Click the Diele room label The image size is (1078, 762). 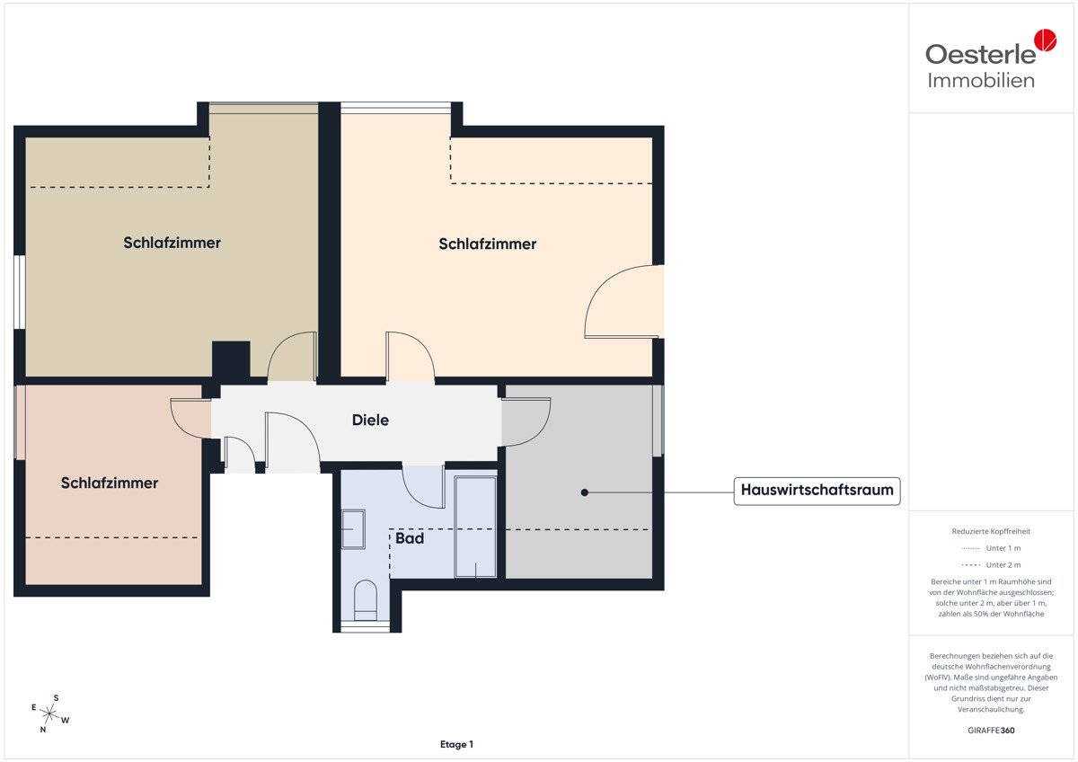click(x=370, y=420)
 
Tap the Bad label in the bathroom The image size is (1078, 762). click(x=410, y=538)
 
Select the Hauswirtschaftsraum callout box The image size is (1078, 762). click(x=817, y=491)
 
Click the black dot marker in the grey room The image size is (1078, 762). click(x=584, y=492)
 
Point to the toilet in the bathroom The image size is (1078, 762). click(x=366, y=600)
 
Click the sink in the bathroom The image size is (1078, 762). click(x=353, y=529)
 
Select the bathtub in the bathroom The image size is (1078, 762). click(x=475, y=527)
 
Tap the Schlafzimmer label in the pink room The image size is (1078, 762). click(x=110, y=483)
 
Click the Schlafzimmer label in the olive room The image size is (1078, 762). click(x=172, y=243)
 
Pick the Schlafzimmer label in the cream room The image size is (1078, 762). click(x=487, y=244)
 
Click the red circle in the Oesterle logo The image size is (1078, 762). click(x=1046, y=40)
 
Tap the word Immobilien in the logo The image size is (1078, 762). click(x=981, y=80)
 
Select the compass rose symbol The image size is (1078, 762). click(x=49, y=713)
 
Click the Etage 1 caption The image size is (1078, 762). click(x=456, y=744)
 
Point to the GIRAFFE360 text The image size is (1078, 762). click(x=991, y=731)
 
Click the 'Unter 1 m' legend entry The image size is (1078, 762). click(x=991, y=548)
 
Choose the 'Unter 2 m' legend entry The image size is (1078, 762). click(x=991, y=564)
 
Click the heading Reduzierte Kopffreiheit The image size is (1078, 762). click(x=991, y=531)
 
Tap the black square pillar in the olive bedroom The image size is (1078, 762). click(x=231, y=359)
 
